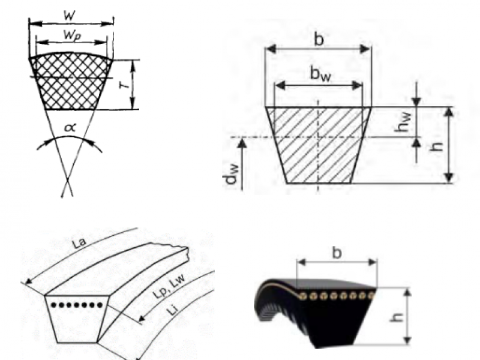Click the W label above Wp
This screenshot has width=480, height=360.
70,15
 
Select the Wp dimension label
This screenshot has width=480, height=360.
72,35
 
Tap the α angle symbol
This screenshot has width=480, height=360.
70,127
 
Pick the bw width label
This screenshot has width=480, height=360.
320,74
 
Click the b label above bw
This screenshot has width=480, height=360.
319,39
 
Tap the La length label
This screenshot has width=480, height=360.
79,243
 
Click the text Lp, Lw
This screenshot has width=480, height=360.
169,287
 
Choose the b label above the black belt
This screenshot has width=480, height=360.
337,253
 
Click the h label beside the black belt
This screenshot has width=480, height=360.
396,317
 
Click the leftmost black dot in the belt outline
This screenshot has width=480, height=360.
53,305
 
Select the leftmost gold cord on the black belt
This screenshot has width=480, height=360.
304,296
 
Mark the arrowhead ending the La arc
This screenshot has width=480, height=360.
28,281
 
